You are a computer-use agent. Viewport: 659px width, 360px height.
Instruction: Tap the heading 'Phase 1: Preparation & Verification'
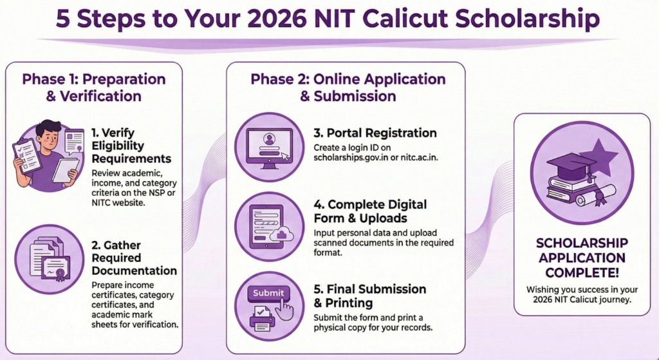(x=94, y=88)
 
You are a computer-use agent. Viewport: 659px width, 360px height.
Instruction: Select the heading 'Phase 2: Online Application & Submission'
(x=348, y=88)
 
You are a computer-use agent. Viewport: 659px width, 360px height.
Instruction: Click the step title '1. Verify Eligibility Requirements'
(x=131, y=146)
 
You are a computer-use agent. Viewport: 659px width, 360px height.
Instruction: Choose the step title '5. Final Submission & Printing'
(x=369, y=296)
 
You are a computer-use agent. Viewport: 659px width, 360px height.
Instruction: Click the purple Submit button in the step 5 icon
(x=268, y=293)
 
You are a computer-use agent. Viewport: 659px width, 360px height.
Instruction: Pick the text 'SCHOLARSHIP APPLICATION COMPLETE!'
(x=581, y=258)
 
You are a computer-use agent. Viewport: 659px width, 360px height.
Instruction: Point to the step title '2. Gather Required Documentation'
(x=134, y=258)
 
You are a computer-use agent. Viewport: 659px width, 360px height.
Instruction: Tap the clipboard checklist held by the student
(x=27, y=155)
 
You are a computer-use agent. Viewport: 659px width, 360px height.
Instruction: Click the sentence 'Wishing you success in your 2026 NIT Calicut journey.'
(x=581, y=295)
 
